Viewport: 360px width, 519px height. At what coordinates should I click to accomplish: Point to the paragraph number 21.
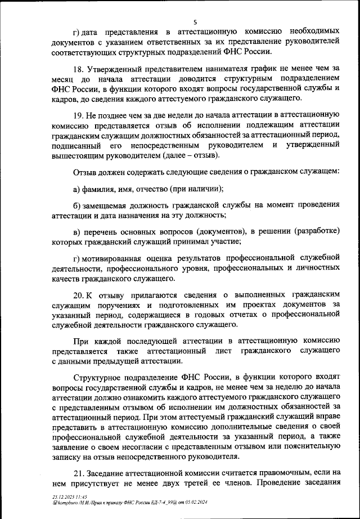pyautogui.click(x=79, y=472)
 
